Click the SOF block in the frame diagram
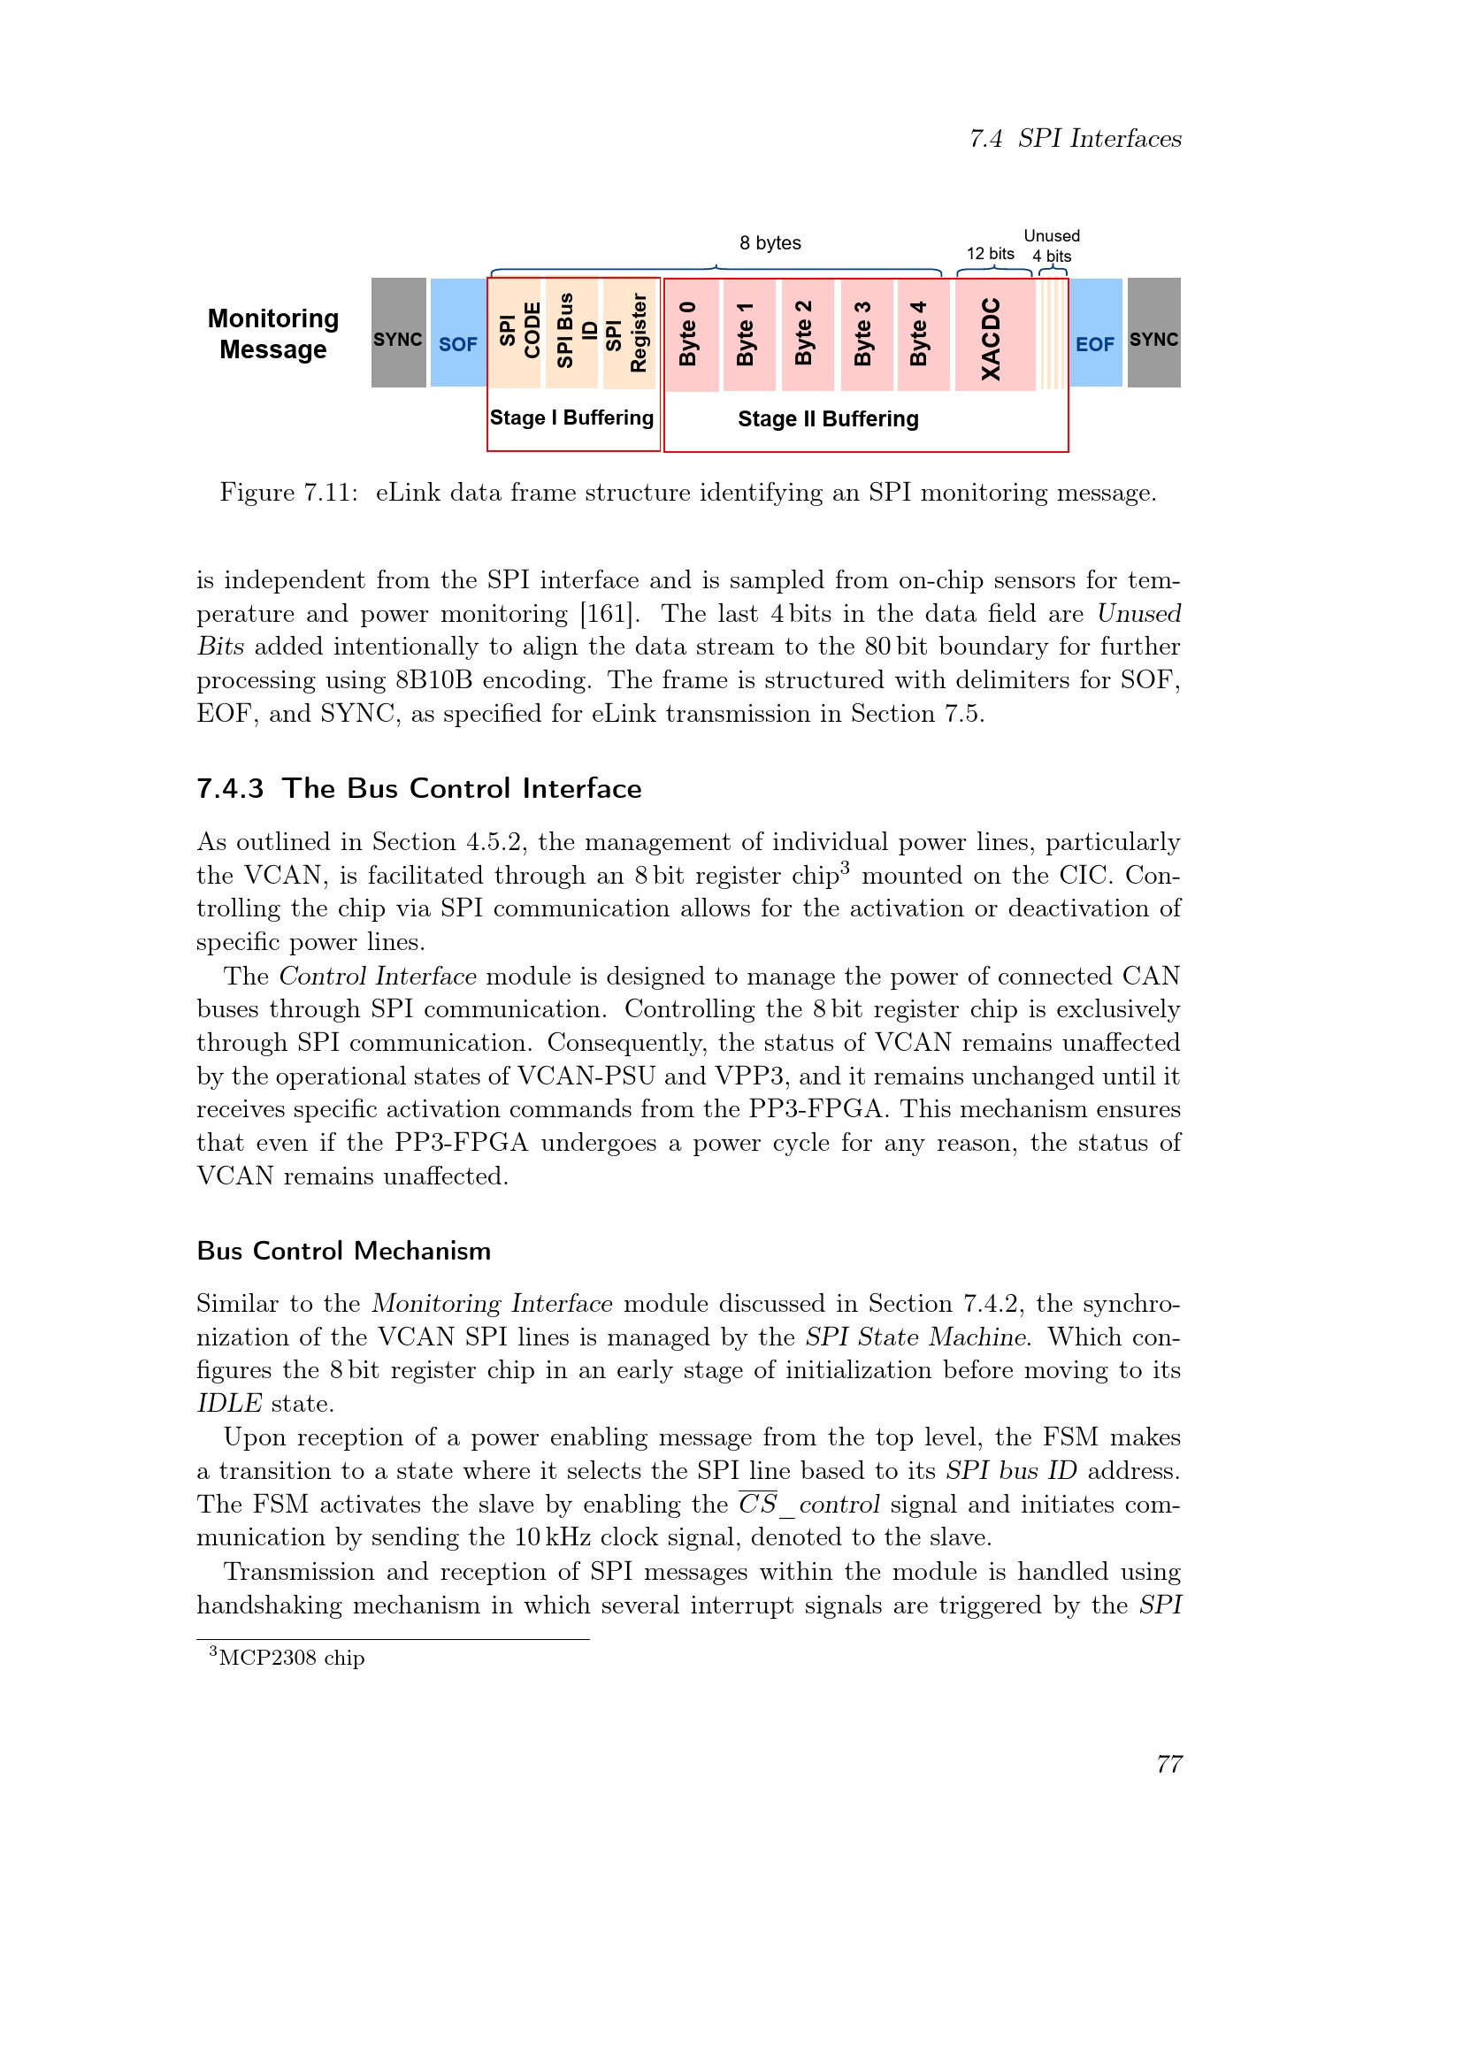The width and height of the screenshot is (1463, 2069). point(457,333)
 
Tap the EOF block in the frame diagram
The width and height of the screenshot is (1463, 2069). point(1094,333)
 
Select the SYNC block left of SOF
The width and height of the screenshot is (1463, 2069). point(398,333)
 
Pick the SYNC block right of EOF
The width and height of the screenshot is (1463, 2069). point(1154,333)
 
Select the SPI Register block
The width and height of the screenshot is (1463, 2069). point(629,333)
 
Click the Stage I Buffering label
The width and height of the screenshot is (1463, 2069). point(572,418)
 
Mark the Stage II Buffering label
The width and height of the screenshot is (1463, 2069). point(828,419)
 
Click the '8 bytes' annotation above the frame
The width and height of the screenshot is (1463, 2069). point(770,243)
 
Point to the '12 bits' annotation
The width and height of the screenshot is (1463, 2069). point(990,254)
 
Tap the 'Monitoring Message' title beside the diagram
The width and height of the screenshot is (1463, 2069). point(273,333)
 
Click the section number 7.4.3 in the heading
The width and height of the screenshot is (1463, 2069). point(231,788)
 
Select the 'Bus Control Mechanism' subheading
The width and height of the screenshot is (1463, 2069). point(343,1251)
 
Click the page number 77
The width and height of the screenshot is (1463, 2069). point(1168,1764)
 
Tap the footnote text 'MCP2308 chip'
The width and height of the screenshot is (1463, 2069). point(291,1658)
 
